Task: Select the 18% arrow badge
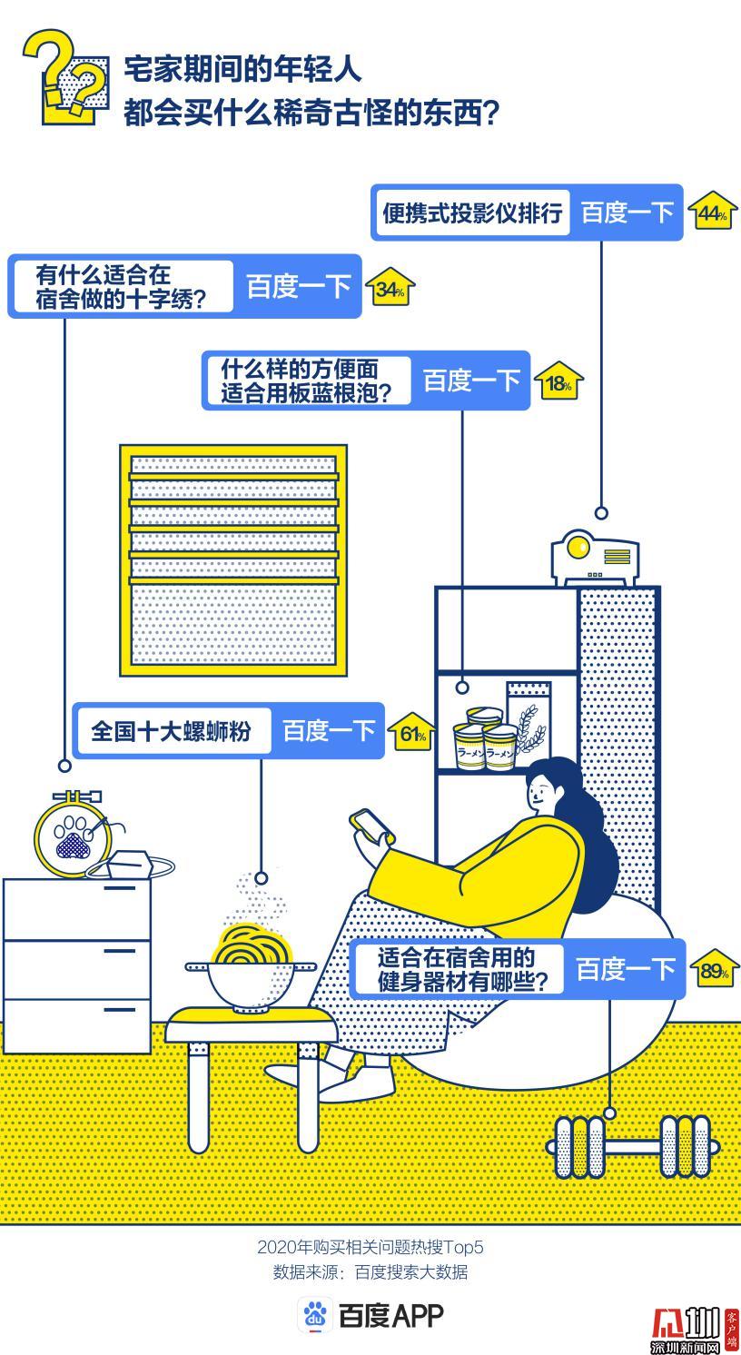click(558, 381)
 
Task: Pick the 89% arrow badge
click(714, 968)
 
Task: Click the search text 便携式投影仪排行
click(472, 213)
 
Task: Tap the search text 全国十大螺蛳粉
click(171, 731)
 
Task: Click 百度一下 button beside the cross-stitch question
click(298, 286)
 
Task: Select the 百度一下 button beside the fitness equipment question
click(625, 968)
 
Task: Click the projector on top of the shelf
click(595, 558)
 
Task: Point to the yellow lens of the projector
click(577, 548)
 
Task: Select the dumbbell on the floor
click(633, 1146)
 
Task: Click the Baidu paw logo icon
click(315, 1314)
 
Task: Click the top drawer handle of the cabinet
click(119, 888)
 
